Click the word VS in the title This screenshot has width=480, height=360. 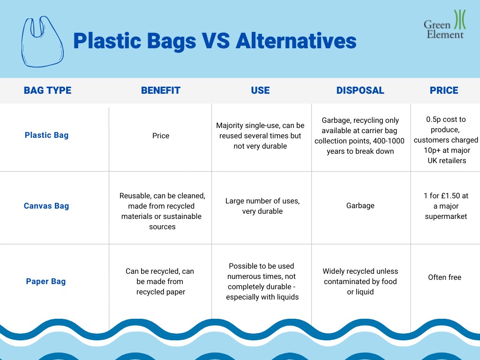pyautogui.click(x=216, y=41)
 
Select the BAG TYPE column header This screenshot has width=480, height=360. pyautogui.click(x=47, y=90)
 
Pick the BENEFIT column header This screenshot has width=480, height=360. pyautogui.click(x=160, y=90)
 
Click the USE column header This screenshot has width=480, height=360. pyautogui.click(x=260, y=90)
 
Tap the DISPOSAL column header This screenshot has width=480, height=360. pyautogui.click(x=360, y=90)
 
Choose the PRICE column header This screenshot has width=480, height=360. pyautogui.click(x=444, y=90)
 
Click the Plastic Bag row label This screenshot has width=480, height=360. pyautogui.click(x=46, y=135)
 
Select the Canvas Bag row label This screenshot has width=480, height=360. pyautogui.click(x=46, y=206)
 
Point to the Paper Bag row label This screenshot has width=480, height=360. pyautogui.click(x=45, y=281)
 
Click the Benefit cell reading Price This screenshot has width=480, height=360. pyautogui.click(x=161, y=135)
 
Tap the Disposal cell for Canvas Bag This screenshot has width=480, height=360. pyautogui.click(x=360, y=206)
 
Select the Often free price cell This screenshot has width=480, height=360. pyautogui.click(x=444, y=277)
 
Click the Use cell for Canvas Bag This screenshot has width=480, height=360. pyautogui.click(x=262, y=206)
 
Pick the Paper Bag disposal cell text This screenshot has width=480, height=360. pyautogui.click(x=360, y=281)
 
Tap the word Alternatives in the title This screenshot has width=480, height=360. pyautogui.click(x=296, y=41)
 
